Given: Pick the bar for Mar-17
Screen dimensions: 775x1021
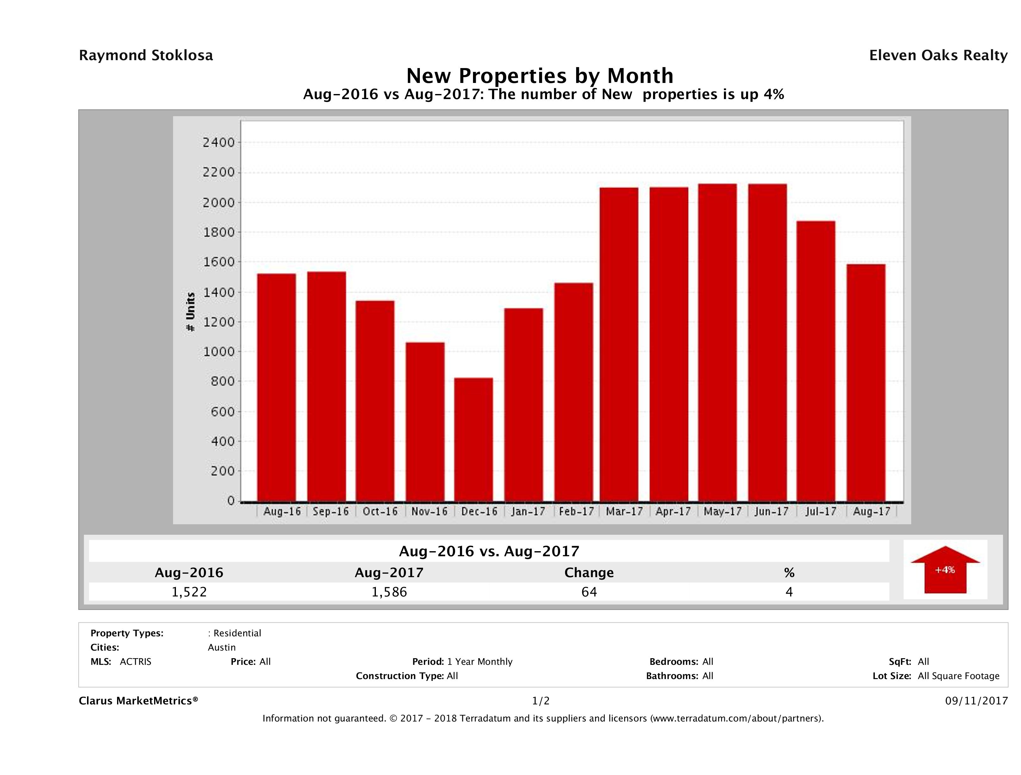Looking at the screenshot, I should [619, 344].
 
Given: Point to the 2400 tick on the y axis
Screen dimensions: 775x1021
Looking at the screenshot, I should [219, 143].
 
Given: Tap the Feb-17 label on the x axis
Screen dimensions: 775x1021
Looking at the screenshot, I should [576, 511].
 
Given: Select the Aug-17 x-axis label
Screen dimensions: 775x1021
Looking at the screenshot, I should [871, 511].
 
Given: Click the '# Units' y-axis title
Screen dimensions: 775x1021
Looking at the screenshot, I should [190, 312].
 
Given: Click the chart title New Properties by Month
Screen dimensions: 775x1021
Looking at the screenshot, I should [539, 76].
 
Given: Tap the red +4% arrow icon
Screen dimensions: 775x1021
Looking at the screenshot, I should [945, 570].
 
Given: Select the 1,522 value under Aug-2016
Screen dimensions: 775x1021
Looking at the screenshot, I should [189, 592].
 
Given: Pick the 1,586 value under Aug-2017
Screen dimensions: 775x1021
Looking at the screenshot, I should [389, 592].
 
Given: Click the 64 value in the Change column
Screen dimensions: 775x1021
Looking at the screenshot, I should [589, 592].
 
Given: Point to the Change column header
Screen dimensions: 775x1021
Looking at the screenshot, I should [589, 573].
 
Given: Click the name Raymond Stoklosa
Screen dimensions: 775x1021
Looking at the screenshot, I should [146, 55].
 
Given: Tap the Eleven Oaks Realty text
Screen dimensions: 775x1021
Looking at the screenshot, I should [938, 55].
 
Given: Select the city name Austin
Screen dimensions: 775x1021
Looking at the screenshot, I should [221, 647].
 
